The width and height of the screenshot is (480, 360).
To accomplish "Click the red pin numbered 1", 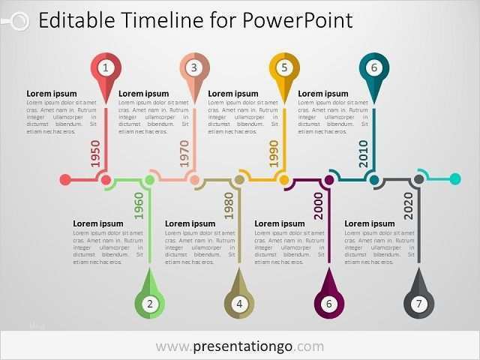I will (x=106, y=68).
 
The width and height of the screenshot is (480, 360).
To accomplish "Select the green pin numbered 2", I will (x=150, y=304).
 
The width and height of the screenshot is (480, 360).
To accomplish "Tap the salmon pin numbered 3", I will (x=194, y=68).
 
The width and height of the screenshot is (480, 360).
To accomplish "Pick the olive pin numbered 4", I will (x=239, y=304).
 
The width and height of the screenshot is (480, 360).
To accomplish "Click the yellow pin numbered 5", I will (x=284, y=68).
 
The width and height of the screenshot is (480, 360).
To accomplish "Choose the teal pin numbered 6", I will (x=373, y=68).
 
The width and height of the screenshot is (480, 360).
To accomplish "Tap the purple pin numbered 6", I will (x=328, y=304).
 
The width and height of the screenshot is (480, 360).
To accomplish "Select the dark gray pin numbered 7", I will (x=418, y=304).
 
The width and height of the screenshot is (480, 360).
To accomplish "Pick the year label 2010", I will (x=363, y=154).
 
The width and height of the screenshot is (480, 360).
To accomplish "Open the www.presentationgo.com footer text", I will (x=240, y=346).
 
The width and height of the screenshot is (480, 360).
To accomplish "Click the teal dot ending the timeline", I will (x=454, y=179).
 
